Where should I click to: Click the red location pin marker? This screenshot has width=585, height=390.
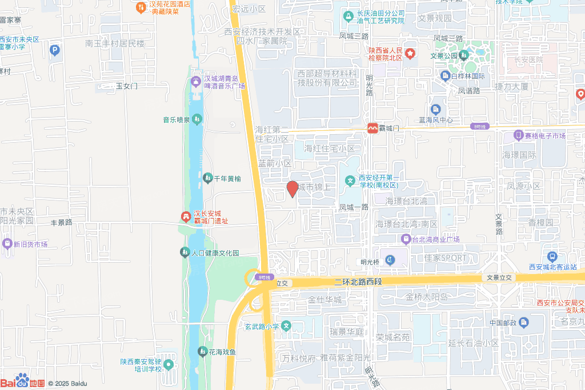pyautogui.click(x=292, y=188)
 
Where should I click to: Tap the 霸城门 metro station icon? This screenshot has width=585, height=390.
pyautogui.click(x=372, y=128)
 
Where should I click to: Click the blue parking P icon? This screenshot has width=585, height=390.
pyautogui.click(x=55, y=51)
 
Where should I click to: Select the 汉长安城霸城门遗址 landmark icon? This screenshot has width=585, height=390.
pyautogui.click(x=186, y=216)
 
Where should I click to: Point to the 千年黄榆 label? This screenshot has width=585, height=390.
pyautogui.click(x=227, y=179)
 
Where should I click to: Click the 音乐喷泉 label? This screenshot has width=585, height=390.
pyautogui.click(x=177, y=120)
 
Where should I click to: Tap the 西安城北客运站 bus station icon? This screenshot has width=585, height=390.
pyautogui.click(x=552, y=257)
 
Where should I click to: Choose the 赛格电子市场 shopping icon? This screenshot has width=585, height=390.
pyautogui.click(x=518, y=136)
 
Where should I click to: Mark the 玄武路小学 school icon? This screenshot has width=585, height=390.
pyautogui.click(x=286, y=326)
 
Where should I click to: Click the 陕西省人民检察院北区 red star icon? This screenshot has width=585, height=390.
pyautogui.click(x=411, y=54)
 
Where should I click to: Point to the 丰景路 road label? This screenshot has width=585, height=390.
pyautogui.click(x=62, y=222)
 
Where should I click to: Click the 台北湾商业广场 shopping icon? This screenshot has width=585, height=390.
pyautogui.click(x=406, y=239)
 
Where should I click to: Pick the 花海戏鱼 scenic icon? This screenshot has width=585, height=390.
pyautogui.click(x=202, y=351)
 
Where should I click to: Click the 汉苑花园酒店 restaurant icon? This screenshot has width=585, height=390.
pyautogui.click(x=141, y=7)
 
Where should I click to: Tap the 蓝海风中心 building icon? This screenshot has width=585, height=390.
pyautogui.click(x=436, y=109)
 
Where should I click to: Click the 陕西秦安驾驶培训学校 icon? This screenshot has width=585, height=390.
pyautogui.click(x=169, y=364)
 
